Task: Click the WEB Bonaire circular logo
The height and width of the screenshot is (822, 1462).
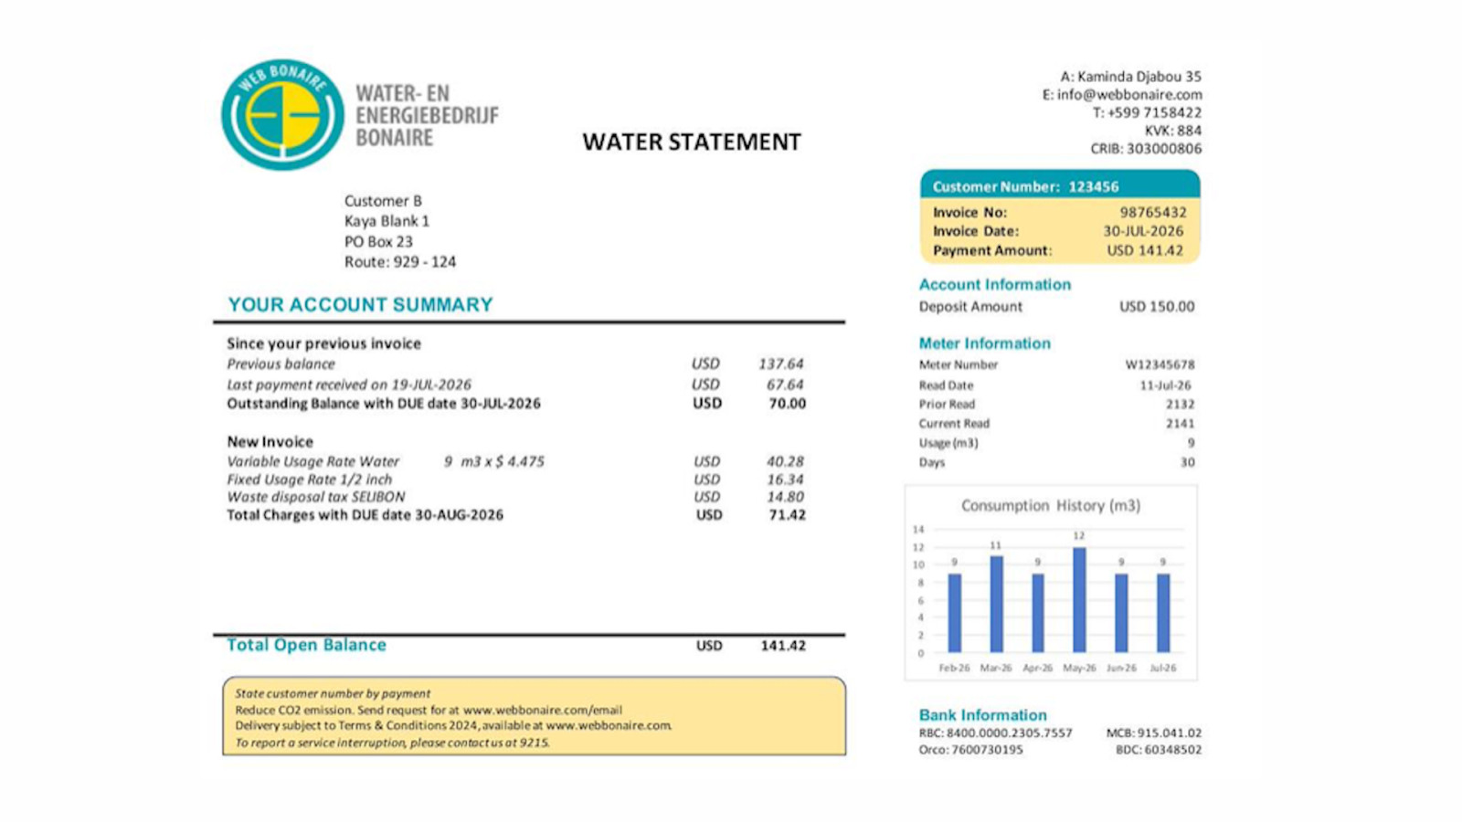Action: pos(282,115)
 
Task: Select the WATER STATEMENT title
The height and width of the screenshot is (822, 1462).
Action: pos(691,142)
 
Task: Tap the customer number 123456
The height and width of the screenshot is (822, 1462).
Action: pos(1093,187)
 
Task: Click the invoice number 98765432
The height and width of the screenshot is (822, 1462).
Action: pos(1153,213)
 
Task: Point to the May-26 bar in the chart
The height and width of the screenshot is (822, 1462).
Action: pos(1079,599)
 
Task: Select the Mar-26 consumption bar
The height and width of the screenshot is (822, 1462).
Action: pos(996,604)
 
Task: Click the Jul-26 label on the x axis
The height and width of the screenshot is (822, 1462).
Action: pos(1163,668)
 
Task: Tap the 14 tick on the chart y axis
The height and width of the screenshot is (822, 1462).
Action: pos(918,529)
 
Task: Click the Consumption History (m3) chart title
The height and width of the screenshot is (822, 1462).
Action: pos(1051,506)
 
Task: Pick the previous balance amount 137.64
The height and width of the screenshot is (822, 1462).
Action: pos(780,364)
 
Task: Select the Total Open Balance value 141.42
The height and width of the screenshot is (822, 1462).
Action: pos(783,645)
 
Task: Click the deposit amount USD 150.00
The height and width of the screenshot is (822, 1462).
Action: pos(1157,307)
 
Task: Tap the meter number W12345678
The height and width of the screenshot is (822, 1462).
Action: pos(1160,364)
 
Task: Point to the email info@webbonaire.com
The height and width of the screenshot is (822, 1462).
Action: pos(1129,95)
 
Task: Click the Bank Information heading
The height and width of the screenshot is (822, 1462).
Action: pos(983,715)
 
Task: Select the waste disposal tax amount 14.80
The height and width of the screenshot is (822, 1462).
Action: pos(785,497)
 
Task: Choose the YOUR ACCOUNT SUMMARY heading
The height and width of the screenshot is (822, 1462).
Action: pos(360,305)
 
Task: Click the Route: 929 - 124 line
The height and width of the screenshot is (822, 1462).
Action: pos(400,262)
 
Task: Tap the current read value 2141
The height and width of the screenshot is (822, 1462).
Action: pos(1180,424)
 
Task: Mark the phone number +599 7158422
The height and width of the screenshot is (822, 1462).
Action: pos(1155,113)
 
